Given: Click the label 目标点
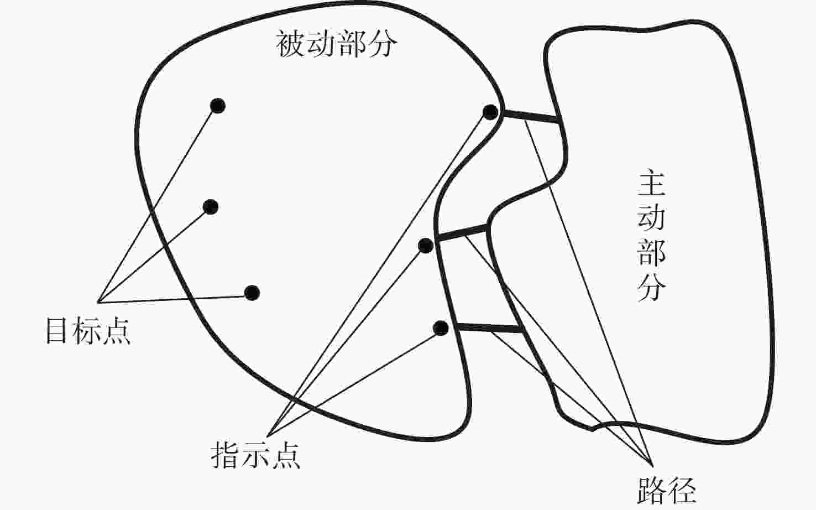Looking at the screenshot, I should (88, 331).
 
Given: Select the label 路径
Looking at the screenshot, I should (666, 490).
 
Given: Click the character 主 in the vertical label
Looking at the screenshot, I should (652, 184).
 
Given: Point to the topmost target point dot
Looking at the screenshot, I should (218, 106).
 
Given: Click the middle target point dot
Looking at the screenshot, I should (211, 207).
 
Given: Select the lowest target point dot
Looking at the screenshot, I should (252, 293).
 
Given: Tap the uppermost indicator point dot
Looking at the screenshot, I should (490, 112).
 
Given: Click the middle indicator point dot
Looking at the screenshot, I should (425, 246).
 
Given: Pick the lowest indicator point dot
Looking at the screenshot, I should (440, 328).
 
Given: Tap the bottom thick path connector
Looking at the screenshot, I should (491, 329).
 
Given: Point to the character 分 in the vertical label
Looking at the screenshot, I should (652, 287).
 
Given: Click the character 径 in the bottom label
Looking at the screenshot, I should (681, 490).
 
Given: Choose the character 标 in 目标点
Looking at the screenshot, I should (88, 331).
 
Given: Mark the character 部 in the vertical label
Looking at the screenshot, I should (652, 252).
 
